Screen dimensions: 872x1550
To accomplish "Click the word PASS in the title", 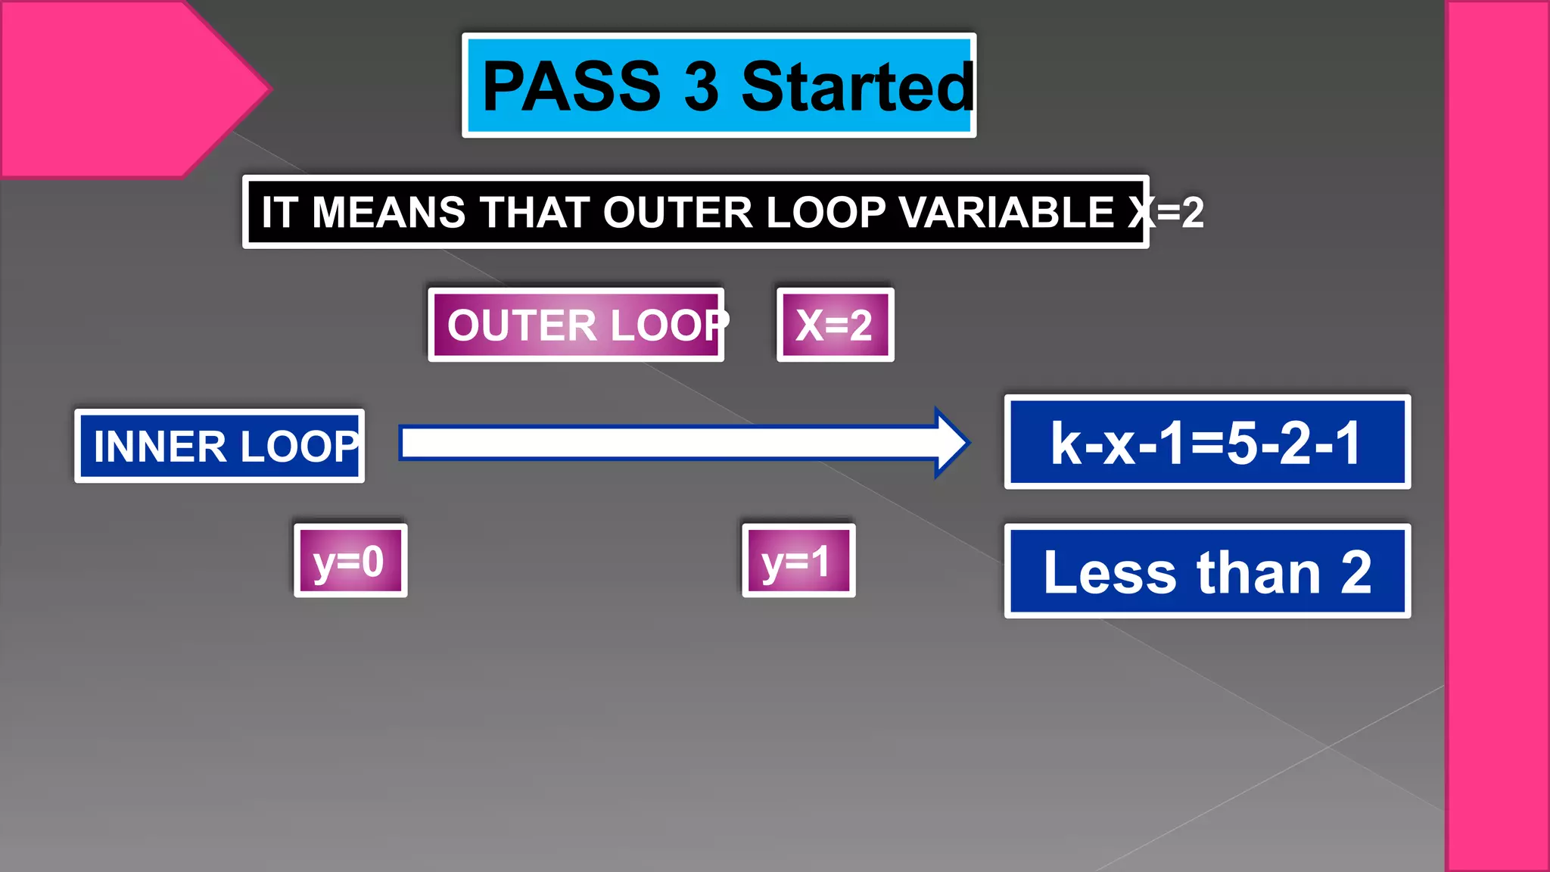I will [x=571, y=86].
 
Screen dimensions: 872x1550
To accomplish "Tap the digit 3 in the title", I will [x=701, y=86].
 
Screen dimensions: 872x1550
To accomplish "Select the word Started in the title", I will [x=857, y=86].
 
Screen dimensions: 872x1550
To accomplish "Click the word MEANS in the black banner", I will [x=388, y=212].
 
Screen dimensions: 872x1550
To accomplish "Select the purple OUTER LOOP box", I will [x=576, y=325].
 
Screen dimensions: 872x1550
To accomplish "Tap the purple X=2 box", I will [x=835, y=325].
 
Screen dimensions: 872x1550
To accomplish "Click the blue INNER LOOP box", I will [x=219, y=446].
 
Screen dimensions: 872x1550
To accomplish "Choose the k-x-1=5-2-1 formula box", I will [x=1207, y=442].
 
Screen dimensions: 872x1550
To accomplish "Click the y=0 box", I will [x=350, y=561].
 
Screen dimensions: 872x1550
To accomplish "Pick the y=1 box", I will [x=798, y=561].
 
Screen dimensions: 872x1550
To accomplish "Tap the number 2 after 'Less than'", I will [x=1355, y=572].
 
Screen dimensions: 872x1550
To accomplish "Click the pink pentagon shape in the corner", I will [x=114, y=87].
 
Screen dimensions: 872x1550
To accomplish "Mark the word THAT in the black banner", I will [x=534, y=212].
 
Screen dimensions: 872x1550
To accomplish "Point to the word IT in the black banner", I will [x=278, y=212].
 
